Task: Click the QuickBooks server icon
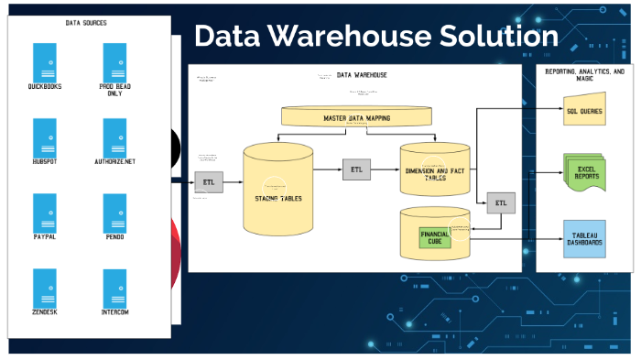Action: [x=44, y=61]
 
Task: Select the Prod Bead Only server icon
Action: [x=114, y=61]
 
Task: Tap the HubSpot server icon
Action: [x=44, y=137]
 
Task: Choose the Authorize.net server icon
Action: [x=114, y=137]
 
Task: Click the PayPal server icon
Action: [x=44, y=213]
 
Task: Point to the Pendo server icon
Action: [x=114, y=213]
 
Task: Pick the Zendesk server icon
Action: [x=44, y=289]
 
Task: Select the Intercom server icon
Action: [x=114, y=289]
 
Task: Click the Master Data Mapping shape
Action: [x=356, y=117]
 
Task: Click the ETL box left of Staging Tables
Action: [x=209, y=182]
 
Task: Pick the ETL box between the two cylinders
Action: [x=356, y=169]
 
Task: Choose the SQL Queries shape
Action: [x=584, y=109]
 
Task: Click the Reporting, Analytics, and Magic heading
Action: [x=584, y=74]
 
